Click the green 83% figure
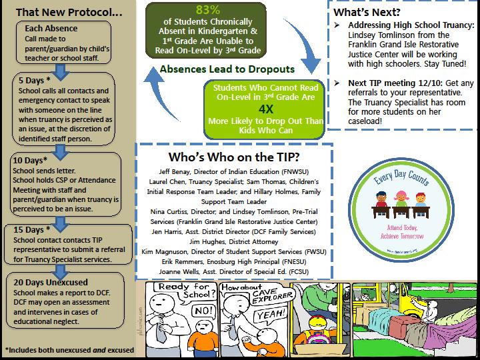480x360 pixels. (207, 10)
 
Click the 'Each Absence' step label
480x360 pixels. (51, 29)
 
